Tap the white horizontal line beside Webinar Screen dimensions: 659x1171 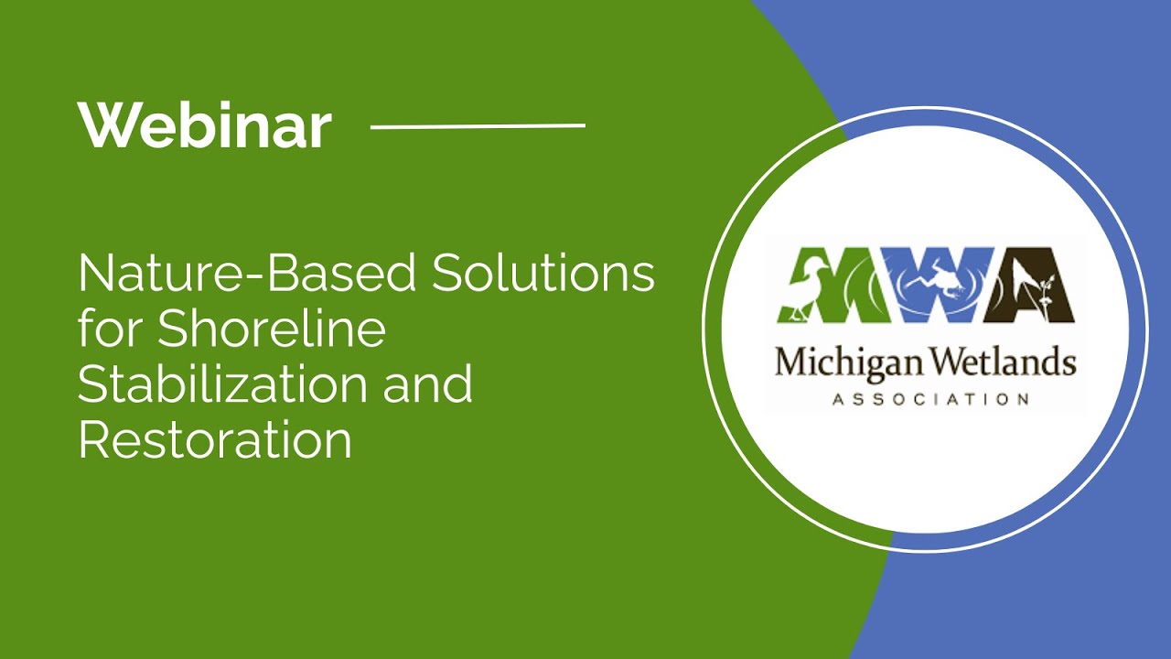point(478,125)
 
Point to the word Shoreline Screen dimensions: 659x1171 point(271,329)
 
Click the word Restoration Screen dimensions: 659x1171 point(215,440)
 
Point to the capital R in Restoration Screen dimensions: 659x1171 point(93,440)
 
